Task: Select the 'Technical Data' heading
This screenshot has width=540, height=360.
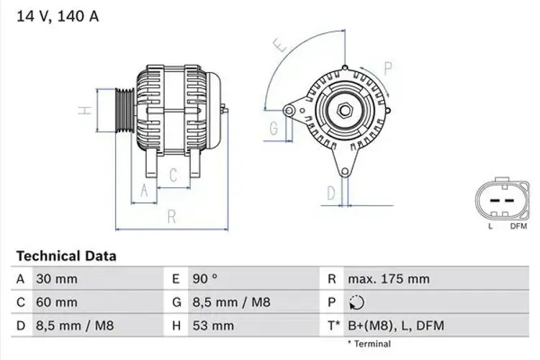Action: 66,256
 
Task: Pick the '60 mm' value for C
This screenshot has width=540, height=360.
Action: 56,302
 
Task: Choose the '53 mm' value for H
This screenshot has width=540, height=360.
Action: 212,326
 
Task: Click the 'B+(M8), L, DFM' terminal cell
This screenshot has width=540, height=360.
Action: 395,326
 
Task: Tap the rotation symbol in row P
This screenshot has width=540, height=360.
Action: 355,302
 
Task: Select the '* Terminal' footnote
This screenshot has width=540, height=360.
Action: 369,344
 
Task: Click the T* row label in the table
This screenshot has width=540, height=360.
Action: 333,326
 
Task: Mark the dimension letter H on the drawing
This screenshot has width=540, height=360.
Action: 85,111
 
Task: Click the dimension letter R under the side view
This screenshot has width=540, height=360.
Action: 171,215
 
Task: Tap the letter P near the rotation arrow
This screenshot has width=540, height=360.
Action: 387,69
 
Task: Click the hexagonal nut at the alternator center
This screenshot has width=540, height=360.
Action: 344,111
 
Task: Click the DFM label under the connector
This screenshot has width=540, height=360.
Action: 518,226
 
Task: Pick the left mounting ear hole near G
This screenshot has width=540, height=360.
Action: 289,110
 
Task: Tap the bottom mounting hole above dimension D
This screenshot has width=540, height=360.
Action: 346,171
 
